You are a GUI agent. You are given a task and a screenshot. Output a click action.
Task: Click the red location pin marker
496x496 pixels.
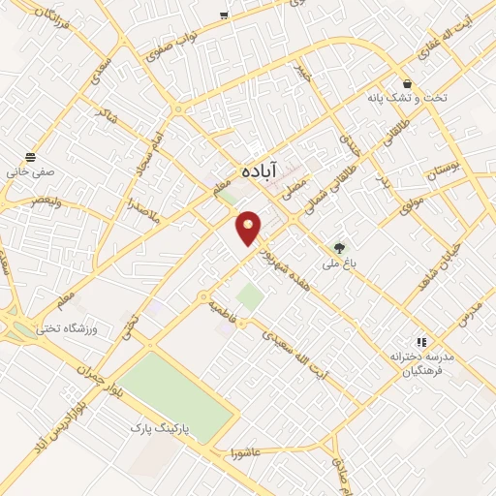(x=249, y=228)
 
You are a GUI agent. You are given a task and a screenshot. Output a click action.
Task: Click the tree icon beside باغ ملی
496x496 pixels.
(x=339, y=247)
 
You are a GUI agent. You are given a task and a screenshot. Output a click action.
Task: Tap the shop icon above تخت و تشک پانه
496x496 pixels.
(x=407, y=83)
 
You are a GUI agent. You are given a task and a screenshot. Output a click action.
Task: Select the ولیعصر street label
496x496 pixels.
(x=48, y=200)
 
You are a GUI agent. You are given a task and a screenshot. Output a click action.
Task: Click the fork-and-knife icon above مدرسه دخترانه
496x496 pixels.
(x=420, y=342)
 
